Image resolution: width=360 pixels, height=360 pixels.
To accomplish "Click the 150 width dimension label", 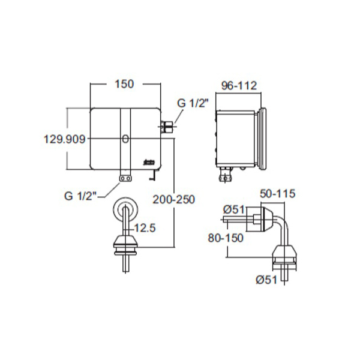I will pyautogui.click(x=124, y=84).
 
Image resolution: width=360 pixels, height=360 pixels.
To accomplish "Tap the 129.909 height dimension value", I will pyautogui.click(x=65, y=139).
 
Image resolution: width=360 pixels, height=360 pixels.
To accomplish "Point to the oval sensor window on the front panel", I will pyautogui.click(x=125, y=140).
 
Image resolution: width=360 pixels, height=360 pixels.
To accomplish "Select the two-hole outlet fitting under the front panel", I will pyautogui.click(x=125, y=178).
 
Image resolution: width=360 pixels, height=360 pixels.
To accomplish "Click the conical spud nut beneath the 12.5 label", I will pyautogui.click(x=127, y=242).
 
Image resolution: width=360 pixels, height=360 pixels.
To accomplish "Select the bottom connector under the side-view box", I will pyautogui.click(x=224, y=175).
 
